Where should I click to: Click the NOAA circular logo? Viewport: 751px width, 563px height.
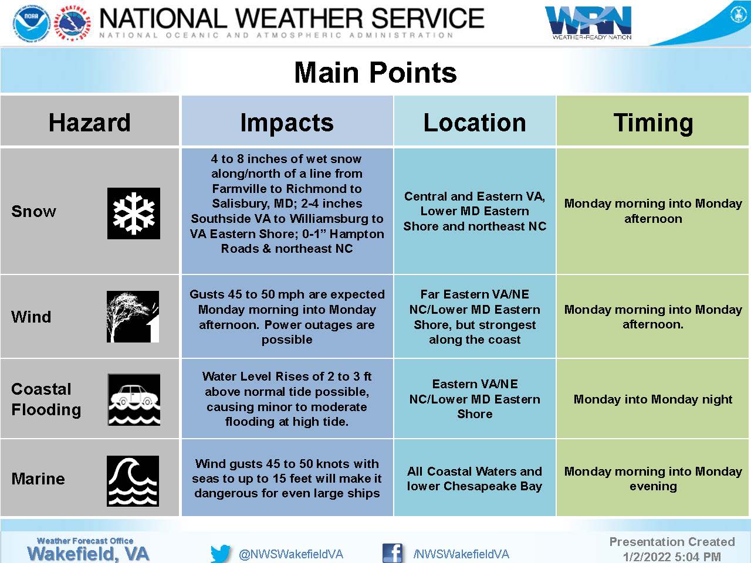[x=32, y=23]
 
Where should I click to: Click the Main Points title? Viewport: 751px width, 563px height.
[x=375, y=73]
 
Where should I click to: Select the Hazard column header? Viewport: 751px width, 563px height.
[x=90, y=122]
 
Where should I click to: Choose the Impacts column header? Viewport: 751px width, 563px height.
[x=287, y=123]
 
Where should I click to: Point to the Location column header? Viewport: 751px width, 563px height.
[x=475, y=123]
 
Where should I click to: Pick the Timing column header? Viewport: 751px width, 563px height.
[x=653, y=123]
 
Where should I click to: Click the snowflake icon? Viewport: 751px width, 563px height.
[x=133, y=213]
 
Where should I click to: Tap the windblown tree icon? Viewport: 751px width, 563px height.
[x=133, y=317]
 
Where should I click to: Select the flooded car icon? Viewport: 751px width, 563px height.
[x=134, y=399]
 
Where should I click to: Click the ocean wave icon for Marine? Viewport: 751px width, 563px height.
[x=133, y=481]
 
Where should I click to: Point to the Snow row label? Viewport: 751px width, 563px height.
[x=33, y=211]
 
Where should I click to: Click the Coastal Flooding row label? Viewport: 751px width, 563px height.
[x=46, y=399]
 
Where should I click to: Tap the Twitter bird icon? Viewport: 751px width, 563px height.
[x=221, y=554]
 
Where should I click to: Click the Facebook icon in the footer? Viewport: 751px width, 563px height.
[x=393, y=553]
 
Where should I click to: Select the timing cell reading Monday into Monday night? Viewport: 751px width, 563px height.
[x=653, y=399]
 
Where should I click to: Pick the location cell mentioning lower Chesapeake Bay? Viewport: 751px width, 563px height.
[x=475, y=479]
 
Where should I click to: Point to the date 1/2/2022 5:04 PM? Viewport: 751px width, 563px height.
[x=672, y=557]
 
